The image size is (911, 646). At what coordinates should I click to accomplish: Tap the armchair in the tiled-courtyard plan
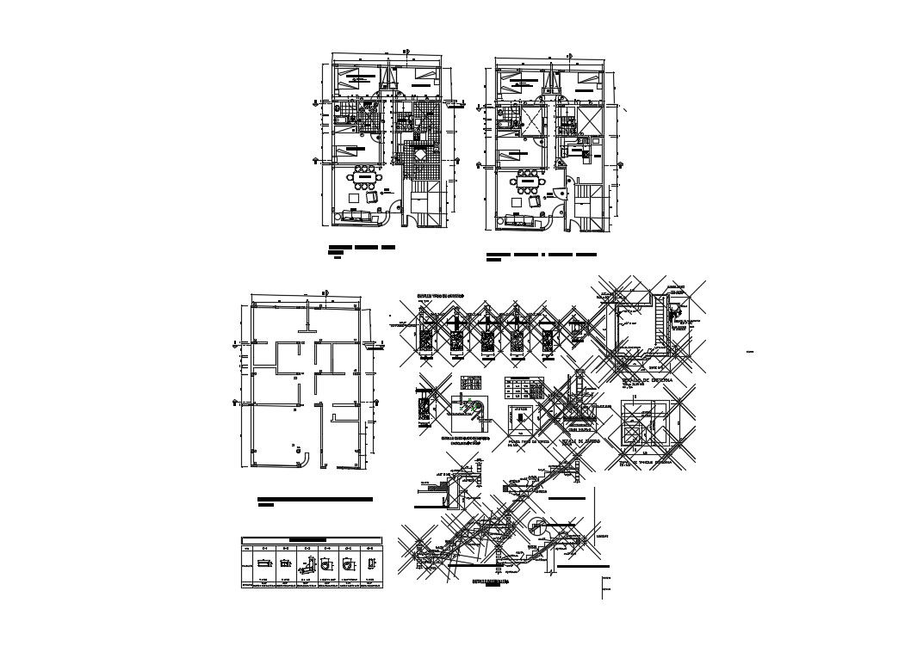coord(372,196)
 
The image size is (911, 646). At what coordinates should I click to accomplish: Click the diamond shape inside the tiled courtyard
coord(418,155)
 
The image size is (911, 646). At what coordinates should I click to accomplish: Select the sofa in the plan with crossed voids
coord(519,221)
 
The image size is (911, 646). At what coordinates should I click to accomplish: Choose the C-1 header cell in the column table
coord(266,548)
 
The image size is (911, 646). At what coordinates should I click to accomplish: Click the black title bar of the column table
coord(312,541)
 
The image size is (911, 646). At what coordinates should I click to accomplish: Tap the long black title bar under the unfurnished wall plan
coord(315,499)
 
